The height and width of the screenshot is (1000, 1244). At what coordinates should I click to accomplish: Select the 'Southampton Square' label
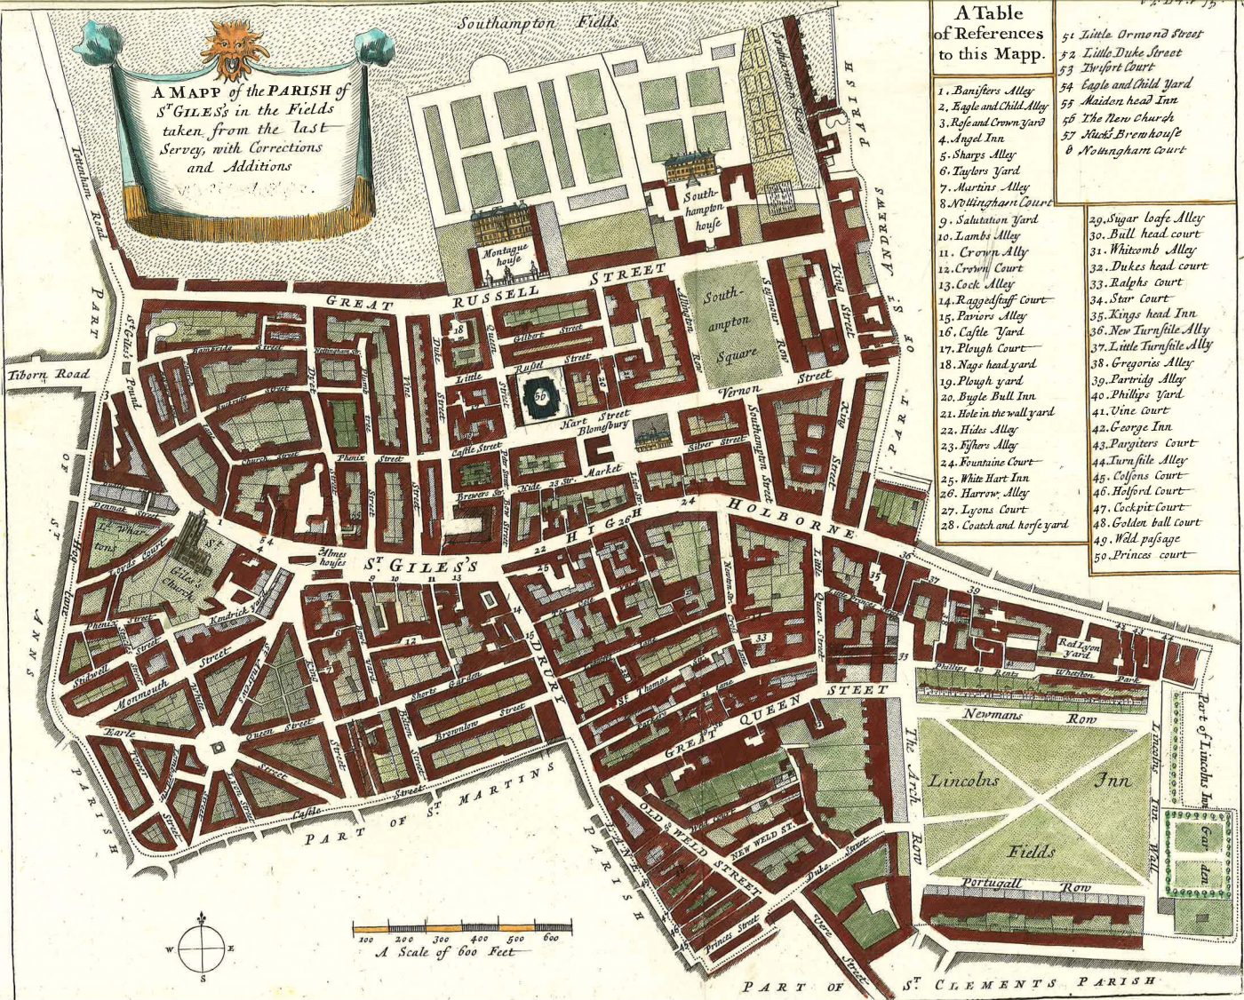[736, 325]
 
